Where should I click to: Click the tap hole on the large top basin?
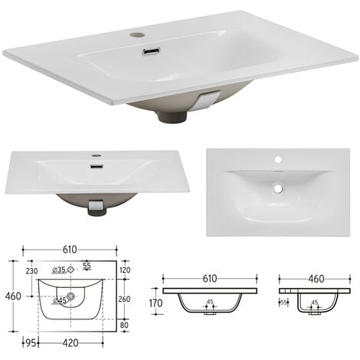(136, 34)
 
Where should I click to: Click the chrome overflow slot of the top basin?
(151, 52)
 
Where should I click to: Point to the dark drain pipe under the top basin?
(169, 116)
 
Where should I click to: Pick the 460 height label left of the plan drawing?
(11, 296)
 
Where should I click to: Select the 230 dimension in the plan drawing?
(31, 270)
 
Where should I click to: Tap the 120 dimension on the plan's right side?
(126, 270)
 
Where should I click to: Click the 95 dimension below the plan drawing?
(31, 344)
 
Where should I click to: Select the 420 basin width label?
(70, 344)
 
